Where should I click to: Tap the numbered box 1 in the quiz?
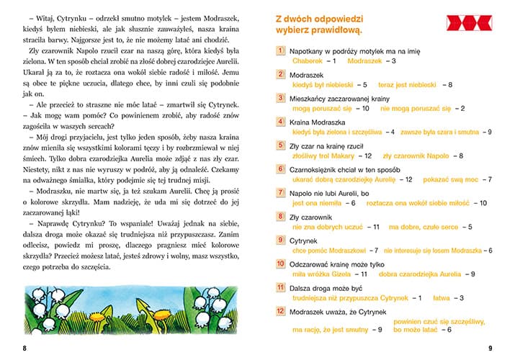280,51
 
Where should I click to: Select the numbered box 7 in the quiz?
280,192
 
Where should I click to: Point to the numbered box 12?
280,311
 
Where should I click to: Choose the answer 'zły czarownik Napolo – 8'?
423,155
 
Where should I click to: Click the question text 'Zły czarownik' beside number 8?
311,216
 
